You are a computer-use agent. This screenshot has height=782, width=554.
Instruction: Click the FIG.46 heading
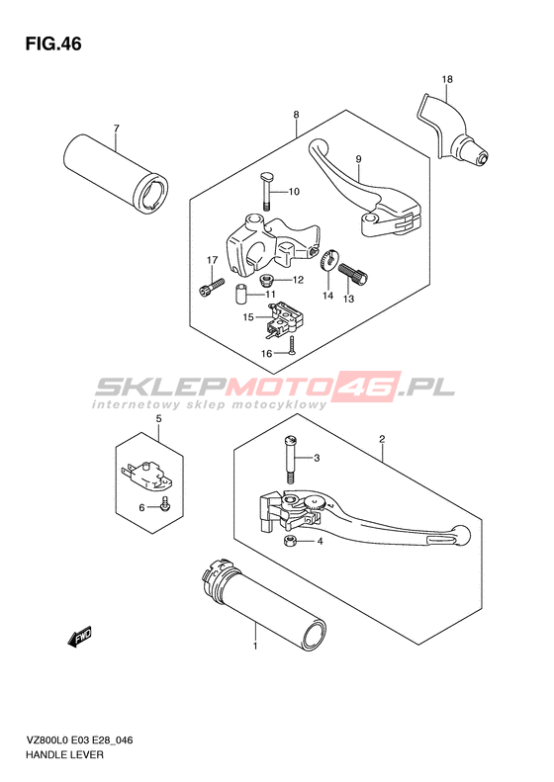[x=53, y=44]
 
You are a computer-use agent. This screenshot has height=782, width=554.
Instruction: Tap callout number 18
[x=447, y=79]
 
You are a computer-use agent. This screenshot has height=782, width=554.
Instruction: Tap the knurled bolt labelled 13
[x=355, y=275]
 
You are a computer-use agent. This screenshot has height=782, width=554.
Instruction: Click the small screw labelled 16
[x=292, y=345]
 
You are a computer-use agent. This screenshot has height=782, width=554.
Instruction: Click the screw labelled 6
[x=164, y=507]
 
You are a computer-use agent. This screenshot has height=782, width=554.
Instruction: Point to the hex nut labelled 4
[x=289, y=541]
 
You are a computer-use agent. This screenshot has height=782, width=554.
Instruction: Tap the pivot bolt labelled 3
[x=291, y=459]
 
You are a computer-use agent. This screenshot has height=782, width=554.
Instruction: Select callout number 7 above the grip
[x=117, y=129]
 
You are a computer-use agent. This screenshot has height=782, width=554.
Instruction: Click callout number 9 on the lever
[x=358, y=159]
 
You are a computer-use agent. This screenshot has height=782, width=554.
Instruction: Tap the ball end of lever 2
[x=461, y=535]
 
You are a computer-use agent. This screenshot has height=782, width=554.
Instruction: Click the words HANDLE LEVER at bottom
[x=64, y=754]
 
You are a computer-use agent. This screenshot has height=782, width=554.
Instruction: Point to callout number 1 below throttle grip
[x=255, y=647]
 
